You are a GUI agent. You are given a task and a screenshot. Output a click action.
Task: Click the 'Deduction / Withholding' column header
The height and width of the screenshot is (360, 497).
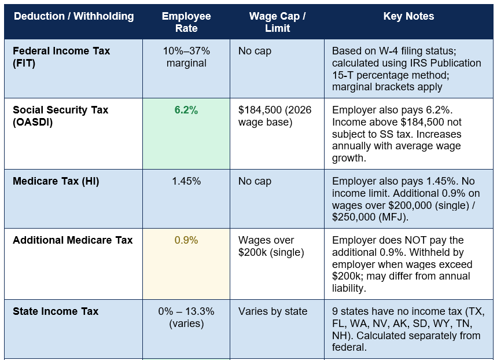coord(74,16)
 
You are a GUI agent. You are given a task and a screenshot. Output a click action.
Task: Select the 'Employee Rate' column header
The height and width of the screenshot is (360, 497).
coord(186,22)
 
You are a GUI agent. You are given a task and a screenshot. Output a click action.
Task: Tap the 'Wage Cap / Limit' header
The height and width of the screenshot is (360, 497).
coord(277,22)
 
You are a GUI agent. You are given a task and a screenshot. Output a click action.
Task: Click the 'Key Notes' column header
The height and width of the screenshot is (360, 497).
coord(408,16)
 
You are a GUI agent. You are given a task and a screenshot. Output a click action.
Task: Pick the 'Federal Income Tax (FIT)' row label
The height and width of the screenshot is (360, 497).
coord(61,57)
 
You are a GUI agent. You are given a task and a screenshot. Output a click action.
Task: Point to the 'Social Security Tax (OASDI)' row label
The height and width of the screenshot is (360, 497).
coord(61,116)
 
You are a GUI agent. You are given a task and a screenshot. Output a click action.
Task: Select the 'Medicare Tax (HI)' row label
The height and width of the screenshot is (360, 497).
coord(56,181)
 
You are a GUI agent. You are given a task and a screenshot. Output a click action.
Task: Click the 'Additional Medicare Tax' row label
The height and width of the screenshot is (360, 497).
coord(72,240)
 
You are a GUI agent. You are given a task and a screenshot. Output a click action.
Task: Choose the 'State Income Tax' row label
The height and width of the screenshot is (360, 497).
coord(56,311)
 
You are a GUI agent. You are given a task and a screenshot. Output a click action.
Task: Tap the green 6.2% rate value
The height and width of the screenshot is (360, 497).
coord(186,110)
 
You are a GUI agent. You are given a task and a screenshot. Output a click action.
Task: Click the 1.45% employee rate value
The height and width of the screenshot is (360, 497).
coord(186,181)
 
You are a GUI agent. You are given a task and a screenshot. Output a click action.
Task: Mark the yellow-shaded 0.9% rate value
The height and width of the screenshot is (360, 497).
coord(186,240)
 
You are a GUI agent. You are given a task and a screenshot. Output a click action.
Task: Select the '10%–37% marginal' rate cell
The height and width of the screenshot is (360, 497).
coord(186,57)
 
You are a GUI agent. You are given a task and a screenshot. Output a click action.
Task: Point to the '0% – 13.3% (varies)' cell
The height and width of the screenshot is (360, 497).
coord(186,318)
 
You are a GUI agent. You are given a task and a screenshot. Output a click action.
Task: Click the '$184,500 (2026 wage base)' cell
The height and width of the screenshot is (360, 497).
coord(275,116)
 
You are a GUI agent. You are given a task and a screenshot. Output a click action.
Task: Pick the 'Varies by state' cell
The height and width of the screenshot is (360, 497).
coord(273,311)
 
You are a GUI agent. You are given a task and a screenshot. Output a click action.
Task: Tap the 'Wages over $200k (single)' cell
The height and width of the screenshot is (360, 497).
coord(271,246)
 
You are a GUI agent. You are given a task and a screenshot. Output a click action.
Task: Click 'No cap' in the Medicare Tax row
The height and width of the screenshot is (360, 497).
coord(255,181)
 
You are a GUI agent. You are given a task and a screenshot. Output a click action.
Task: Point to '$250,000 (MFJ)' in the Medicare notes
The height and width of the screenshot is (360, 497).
coord(369,217)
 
